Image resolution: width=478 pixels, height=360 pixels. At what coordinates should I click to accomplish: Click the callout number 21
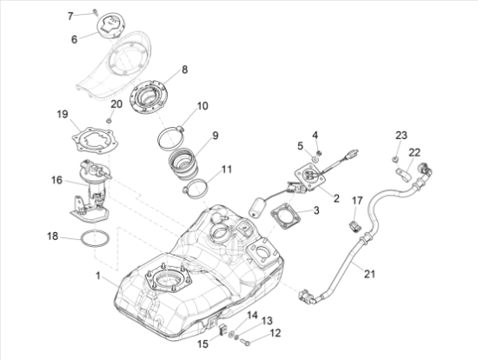(x=369, y=274)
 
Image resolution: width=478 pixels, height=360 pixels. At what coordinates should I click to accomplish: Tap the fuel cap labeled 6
(x=110, y=26)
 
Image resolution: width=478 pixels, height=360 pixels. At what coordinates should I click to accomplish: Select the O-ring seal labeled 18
(x=95, y=238)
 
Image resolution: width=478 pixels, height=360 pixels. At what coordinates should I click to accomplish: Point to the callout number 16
(x=56, y=180)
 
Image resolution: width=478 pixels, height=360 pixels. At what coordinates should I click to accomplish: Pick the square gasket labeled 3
(x=286, y=217)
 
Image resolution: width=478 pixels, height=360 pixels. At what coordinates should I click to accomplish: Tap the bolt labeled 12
(x=244, y=342)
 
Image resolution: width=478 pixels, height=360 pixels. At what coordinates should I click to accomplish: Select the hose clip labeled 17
(x=355, y=226)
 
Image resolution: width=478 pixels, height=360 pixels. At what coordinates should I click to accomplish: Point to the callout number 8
(x=185, y=70)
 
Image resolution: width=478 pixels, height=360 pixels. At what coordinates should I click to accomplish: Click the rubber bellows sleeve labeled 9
(x=183, y=163)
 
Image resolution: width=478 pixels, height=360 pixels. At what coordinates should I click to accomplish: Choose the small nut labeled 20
(x=109, y=121)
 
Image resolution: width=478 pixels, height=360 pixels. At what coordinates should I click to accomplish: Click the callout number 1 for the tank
(x=98, y=276)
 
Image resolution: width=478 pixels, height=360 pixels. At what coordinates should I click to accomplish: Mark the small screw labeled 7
(x=96, y=12)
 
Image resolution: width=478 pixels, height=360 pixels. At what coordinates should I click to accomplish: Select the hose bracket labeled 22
(x=403, y=175)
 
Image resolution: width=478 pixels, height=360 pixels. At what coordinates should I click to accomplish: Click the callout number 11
(x=227, y=169)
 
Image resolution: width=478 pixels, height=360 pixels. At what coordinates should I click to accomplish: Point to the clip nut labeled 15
(x=222, y=330)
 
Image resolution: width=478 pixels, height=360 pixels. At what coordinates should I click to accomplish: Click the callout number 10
(x=202, y=106)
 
